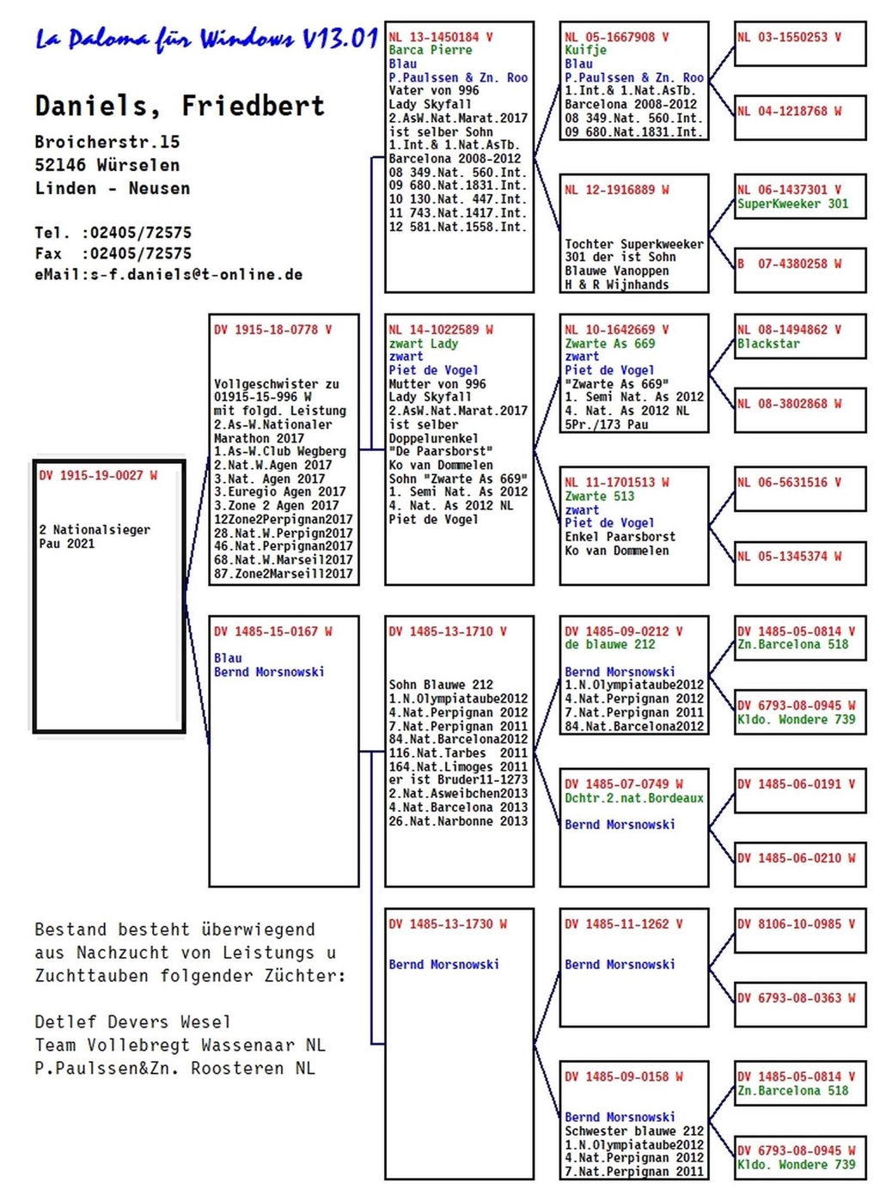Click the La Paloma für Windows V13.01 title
tap(206, 40)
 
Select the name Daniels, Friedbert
tap(180, 105)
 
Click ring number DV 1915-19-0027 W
tap(98, 475)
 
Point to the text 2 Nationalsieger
tap(95, 530)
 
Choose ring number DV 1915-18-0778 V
tap(272, 330)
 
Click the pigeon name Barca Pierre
tap(431, 50)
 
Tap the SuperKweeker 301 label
tap(793, 204)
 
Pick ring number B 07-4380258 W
tap(790, 264)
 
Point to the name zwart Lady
tap(424, 344)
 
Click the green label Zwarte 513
tap(600, 497)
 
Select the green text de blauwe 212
tap(610, 644)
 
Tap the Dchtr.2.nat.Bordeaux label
tap(634, 798)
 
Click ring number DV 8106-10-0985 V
tap(797, 924)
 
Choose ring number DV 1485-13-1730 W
tap(448, 924)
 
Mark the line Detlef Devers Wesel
tap(133, 1022)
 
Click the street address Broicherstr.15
tap(107, 142)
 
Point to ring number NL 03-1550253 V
tap(789, 37)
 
